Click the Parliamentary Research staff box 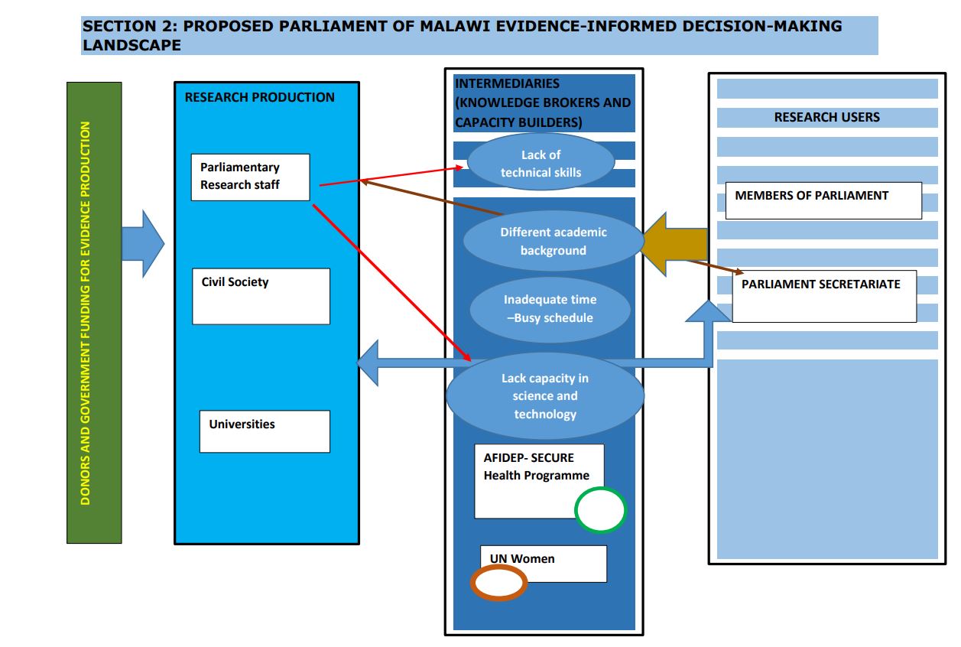point(250,177)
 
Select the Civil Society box point(261,296)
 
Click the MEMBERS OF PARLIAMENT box point(823,200)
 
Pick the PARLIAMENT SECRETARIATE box point(823,296)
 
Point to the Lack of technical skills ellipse point(541,163)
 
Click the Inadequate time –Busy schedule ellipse point(550,309)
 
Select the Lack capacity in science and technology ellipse point(545,395)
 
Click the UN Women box point(543,562)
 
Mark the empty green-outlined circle point(600,510)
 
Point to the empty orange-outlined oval point(498,584)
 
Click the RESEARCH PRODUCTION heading point(259,97)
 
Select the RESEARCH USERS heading point(826,117)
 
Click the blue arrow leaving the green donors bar point(143,243)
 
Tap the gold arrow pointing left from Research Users point(676,243)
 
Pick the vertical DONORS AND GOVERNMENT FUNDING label point(85,313)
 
